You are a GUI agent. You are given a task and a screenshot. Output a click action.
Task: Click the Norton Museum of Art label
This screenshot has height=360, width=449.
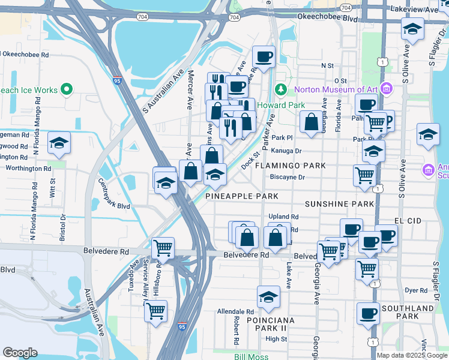[335, 90]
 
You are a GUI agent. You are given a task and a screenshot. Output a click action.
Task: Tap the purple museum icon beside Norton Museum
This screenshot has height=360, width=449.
[387, 90]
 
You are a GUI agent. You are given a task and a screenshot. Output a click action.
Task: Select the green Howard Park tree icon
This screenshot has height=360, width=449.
[280, 90]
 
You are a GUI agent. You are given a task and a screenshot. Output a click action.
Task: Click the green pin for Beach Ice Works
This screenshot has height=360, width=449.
[67, 90]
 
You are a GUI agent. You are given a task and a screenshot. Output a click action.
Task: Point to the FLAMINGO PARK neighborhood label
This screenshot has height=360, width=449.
[291, 165]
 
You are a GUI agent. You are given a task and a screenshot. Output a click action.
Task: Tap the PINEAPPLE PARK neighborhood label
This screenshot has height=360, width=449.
[242, 196]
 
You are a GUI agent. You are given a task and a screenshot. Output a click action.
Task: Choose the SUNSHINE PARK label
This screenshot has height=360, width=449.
[339, 204]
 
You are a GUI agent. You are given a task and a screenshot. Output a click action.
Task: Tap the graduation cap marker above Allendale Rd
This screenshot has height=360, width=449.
[269, 297]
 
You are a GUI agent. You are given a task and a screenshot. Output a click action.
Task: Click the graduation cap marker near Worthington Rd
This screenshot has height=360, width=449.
[59, 143]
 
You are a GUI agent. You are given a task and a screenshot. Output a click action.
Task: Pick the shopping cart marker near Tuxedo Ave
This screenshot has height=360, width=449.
[163, 247]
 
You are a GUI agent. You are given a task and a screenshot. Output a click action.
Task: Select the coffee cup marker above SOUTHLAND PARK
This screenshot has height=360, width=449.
[368, 313]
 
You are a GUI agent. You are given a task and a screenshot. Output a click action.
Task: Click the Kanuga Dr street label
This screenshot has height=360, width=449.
[286, 151]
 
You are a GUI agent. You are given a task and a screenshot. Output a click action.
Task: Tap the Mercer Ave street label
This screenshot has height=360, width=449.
[190, 90]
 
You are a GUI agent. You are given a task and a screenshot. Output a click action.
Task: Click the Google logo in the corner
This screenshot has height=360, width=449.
[20, 353]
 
